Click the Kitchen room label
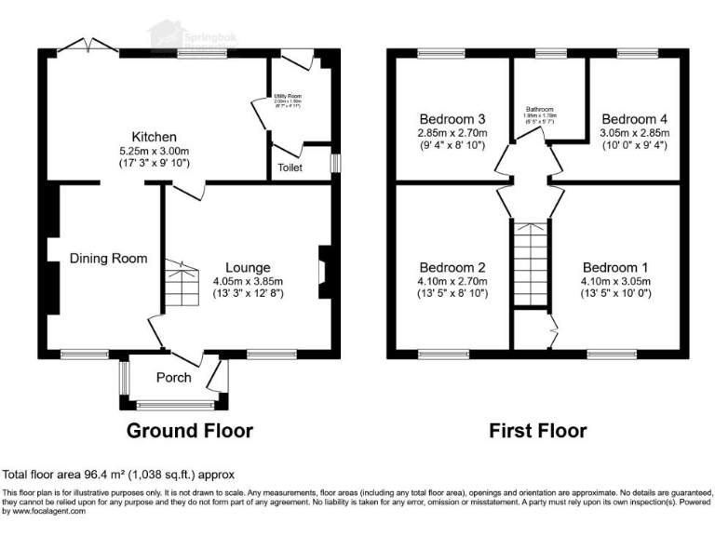[154, 137]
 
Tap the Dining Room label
[108, 259]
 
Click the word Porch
[173, 378]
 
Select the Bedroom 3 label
[452, 119]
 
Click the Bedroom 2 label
[452, 268]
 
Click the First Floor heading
[538, 431]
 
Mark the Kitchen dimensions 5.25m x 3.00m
[154, 152]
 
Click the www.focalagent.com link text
[46, 511]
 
